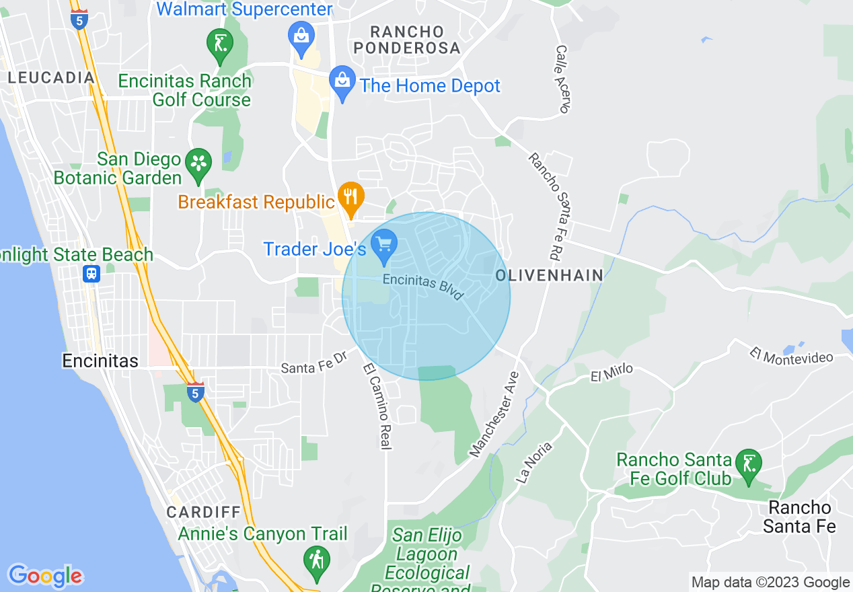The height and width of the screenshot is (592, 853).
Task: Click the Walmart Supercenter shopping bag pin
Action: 301,38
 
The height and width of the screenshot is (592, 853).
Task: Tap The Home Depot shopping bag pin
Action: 343,83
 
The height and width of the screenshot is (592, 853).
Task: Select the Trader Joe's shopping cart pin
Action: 384,246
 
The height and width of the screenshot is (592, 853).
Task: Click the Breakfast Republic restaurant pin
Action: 350,197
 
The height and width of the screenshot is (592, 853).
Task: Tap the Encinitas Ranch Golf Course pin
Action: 220,45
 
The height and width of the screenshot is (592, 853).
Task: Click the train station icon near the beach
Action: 91,274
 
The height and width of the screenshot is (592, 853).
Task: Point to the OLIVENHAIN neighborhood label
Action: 549,276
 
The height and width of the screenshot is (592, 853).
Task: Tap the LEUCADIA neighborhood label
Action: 51,78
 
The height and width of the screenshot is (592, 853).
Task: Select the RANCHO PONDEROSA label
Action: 408,40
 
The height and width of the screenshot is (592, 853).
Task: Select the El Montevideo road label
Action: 792,357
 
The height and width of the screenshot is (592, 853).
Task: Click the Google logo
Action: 45,576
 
